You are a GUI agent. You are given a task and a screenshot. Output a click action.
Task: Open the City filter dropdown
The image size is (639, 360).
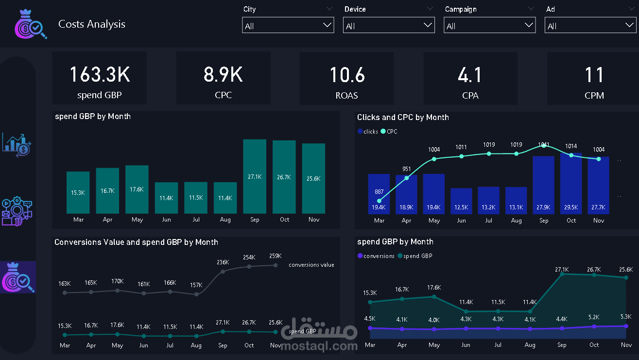pos(288,26)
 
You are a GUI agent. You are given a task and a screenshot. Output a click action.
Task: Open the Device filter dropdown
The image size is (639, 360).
pos(389,26)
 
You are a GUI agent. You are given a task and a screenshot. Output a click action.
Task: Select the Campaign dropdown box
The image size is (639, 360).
pos(489,26)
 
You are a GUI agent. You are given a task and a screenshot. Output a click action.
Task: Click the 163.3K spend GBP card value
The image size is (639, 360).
pos(100,75)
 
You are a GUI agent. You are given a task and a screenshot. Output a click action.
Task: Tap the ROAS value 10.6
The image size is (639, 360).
pos(347,75)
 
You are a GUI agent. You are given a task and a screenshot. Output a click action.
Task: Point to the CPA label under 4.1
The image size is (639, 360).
pos(470,96)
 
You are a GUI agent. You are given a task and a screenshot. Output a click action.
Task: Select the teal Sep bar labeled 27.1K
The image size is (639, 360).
pos(255,176)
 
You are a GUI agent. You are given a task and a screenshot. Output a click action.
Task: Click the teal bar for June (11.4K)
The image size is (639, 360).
pos(166,198)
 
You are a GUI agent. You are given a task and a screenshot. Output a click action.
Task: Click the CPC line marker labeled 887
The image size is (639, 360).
pos(380,200)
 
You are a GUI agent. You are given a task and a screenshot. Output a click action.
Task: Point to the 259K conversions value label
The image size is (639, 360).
pos(276,256)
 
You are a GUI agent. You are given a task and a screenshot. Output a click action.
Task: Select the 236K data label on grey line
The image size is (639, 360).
pos(223,262)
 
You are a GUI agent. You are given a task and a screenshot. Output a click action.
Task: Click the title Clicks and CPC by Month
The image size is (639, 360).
pos(403,117)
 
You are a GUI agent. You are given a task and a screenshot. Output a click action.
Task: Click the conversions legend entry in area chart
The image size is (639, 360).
pos(376,256)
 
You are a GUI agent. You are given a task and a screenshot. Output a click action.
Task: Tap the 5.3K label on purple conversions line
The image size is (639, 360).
pos(626,317)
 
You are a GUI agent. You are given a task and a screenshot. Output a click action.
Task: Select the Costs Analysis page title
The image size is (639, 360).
pos(92,24)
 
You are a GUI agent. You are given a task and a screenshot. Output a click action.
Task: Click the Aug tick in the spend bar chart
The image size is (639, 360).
pos(225,220)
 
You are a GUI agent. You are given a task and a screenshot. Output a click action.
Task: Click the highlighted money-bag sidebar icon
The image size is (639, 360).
pos(18,277)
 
